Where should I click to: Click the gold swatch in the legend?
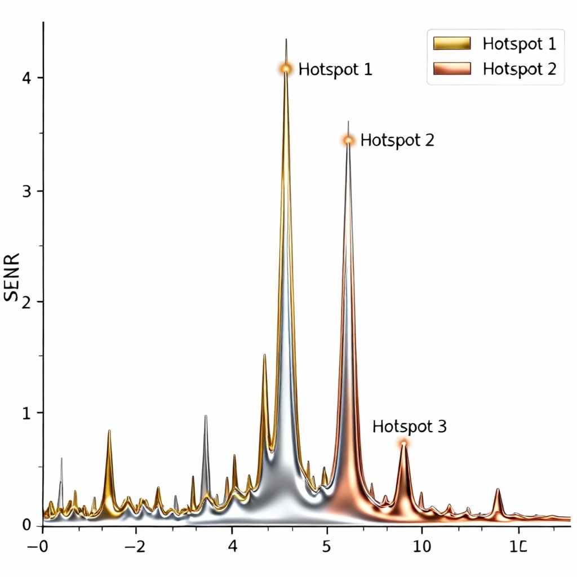tap(452, 43)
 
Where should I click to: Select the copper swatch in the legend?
tap(452, 69)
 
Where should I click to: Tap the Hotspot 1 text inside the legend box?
tap(519, 43)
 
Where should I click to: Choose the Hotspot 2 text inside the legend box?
tap(519, 69)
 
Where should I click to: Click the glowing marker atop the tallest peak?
tap(286, 68)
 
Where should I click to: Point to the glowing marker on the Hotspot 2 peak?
tap(348, 140)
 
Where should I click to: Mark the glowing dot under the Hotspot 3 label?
tap(403, 443)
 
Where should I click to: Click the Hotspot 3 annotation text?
tap(410, 427)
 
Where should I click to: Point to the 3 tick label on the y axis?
tap(25, 191)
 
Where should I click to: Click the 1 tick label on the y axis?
tap(25, 413)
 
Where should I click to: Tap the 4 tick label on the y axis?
tap(25, 78)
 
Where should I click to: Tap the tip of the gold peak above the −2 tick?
tap(109, 431)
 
